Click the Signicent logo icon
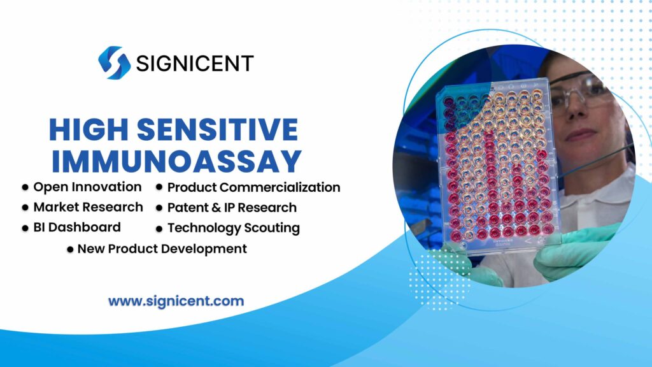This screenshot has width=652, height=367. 114,62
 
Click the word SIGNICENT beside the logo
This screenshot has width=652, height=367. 194,63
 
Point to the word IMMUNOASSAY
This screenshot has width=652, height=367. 176,160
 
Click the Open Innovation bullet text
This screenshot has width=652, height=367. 87,187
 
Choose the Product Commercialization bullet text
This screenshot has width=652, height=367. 253,187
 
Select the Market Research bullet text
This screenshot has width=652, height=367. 88,207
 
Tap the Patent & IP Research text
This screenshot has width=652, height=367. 232,207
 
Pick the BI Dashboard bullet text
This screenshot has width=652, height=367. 77,227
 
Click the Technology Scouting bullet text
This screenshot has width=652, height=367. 233,227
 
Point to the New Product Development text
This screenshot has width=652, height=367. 162,248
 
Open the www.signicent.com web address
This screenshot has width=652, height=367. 176,301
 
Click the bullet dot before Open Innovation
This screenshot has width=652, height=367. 25,188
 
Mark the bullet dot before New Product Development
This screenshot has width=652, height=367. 69,249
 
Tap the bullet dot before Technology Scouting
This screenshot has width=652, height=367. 159,228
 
